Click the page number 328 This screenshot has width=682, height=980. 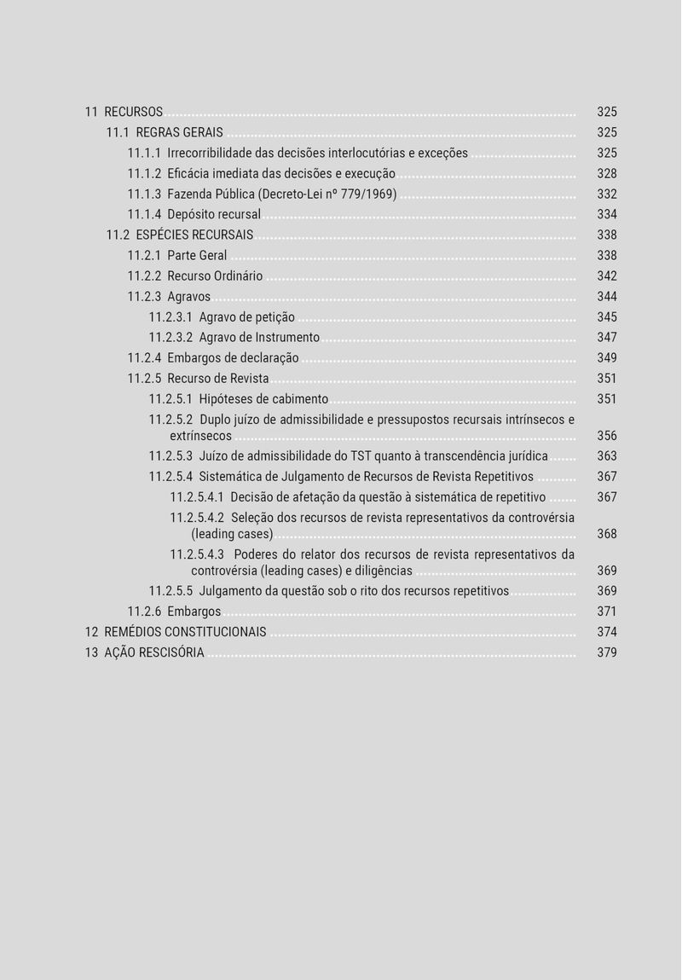606,174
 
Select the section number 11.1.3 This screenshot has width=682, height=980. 144,194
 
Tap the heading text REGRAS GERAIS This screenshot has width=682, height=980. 179,133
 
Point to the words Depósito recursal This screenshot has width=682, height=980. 213,215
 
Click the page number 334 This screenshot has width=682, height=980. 606,215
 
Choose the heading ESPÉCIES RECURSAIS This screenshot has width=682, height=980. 194,235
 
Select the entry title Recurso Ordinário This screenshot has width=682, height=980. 215,276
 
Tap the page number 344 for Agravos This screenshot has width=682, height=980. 606,297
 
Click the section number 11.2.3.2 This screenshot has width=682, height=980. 170,338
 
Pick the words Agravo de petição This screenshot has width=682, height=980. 246,317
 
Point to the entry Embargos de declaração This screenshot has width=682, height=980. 233,358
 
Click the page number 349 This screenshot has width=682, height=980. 606,358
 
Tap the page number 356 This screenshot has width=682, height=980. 606,436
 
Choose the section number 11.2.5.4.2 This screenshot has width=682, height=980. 197,518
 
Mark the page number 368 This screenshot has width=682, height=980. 606,534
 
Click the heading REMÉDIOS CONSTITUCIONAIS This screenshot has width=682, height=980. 185,632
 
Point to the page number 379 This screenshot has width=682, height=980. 606,652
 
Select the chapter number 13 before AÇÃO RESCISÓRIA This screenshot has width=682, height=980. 91,652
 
